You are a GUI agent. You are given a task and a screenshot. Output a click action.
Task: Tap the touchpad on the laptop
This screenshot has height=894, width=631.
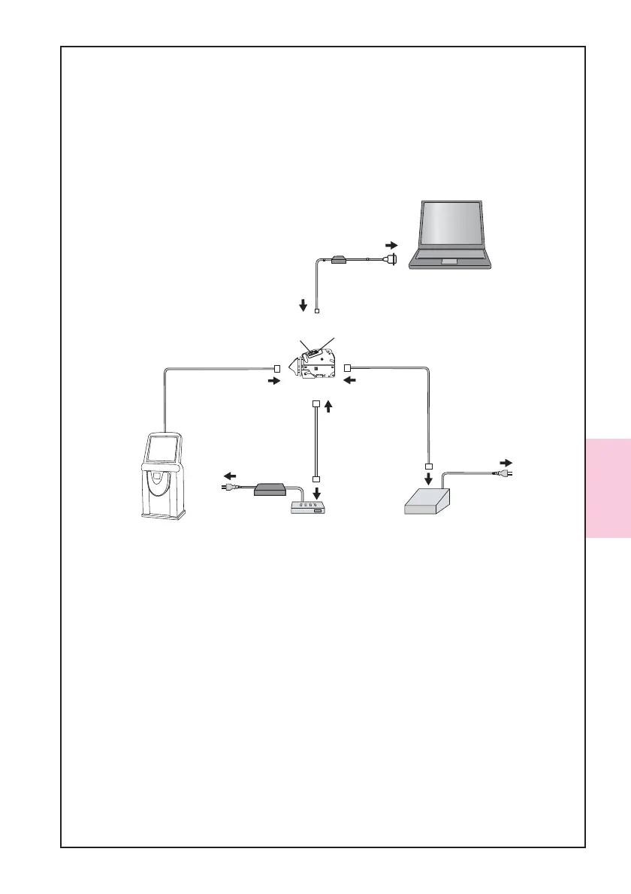point(448,261)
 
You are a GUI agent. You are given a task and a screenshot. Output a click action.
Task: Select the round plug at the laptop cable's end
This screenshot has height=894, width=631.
point(391,259)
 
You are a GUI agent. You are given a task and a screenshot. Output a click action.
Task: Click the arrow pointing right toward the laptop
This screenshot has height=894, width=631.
point(391,245)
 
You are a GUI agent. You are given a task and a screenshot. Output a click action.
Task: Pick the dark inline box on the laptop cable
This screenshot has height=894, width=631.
point(339,260)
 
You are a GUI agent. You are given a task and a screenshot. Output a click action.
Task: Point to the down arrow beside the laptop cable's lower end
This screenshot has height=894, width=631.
point(303,305)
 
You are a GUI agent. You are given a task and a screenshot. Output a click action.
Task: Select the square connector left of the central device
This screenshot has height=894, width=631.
point(277,369)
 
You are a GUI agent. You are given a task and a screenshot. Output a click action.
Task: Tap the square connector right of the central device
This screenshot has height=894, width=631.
point(347,367)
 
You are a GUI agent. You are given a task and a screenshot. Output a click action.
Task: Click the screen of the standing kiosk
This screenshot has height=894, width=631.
point(162,449)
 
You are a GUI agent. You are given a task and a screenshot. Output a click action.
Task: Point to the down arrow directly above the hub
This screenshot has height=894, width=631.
point(316,493)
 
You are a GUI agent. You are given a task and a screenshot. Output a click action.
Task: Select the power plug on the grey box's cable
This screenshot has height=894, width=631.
point(499,473)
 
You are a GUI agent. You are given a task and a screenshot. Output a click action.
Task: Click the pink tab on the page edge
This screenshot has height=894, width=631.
point(608,488)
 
